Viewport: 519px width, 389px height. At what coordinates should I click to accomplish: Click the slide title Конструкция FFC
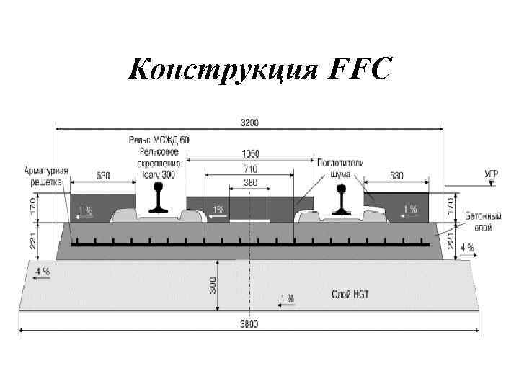(259, 70)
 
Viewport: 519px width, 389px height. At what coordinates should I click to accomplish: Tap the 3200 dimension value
(250, 122)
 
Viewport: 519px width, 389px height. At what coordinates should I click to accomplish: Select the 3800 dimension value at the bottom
(249, 324)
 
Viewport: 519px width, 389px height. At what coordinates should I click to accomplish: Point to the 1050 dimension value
(250, 153)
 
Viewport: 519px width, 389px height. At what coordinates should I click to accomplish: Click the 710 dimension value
(250, 169)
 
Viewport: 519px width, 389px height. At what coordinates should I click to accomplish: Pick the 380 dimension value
(250, 183)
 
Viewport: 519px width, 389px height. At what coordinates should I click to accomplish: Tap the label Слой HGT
(351, 294)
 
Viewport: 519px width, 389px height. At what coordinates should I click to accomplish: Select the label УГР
(490, 174)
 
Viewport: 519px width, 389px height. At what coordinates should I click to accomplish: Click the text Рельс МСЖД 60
(159, 139)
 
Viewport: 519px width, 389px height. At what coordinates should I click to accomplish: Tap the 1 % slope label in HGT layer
(287, 298)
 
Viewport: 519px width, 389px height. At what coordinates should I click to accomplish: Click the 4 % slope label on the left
(42, 272)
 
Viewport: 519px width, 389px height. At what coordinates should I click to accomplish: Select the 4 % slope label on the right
(466, 248)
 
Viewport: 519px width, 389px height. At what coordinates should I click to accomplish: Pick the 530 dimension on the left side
(103, 176)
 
